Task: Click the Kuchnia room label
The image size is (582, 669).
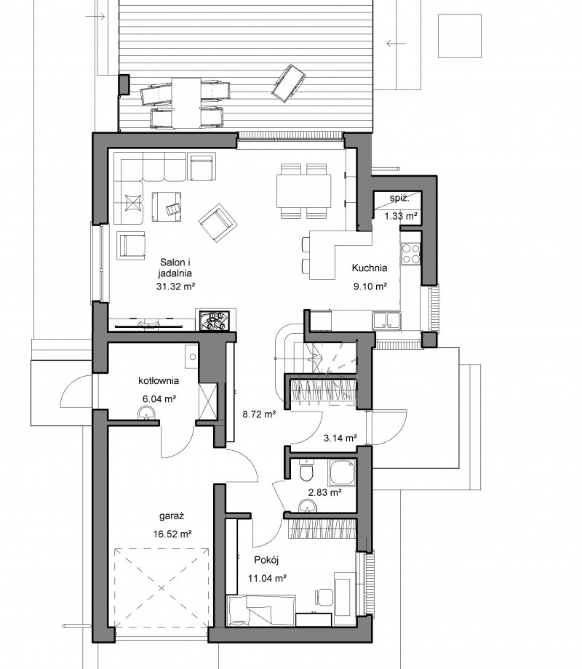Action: click(370, 268)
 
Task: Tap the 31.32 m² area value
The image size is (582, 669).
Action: click(175, 287)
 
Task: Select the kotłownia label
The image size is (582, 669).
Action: click(159, 380)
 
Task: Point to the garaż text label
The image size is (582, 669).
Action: click(172, 516)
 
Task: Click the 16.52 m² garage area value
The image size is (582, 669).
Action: click(172, 534)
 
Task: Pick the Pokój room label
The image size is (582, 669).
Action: click(266, 560)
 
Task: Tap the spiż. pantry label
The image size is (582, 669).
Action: click(399, 199)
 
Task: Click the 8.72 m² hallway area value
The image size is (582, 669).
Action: click(259, 414)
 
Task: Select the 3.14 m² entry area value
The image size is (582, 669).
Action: click(340, 438)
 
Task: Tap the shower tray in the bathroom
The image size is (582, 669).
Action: click(342, 473)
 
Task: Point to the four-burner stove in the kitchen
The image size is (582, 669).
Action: click(410, 254)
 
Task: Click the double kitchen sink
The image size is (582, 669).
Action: click(386, 321)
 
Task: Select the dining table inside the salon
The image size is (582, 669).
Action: click(303, 191)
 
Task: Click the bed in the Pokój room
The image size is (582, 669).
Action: click(261, 611)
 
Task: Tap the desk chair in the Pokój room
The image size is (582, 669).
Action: click(323, 597)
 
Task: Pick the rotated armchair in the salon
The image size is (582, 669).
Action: click(218, 223)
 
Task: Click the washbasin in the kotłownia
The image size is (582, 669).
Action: click(147, 413)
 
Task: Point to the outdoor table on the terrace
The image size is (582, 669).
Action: click(186, 103)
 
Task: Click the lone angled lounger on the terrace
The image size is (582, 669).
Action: click(289, 83)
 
